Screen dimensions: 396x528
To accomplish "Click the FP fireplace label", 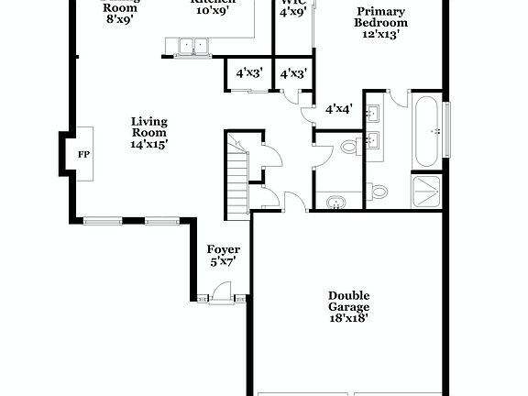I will tap(83, 154).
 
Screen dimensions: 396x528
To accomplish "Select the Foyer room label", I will tap(223, 249).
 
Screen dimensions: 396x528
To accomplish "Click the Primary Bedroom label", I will tap(381, 16).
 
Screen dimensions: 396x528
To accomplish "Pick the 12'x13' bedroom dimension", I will tap(381, 35).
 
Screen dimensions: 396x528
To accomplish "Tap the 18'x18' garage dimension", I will tap(349, 319).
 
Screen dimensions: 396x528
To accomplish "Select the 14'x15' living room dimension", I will tap(148, 143).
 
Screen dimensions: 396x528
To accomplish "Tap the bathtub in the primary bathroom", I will tap(427, 131).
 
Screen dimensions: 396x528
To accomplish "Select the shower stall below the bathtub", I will tap(426, 191).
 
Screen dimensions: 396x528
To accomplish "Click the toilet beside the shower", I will tap(378, 192).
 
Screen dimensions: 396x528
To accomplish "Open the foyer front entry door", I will tap(221, 293).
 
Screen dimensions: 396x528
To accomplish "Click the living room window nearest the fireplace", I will tap(102, 220).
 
